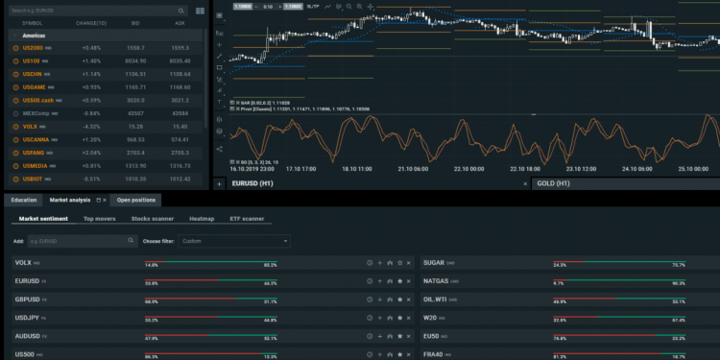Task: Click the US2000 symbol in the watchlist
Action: tap(34, 47)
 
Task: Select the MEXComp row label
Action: tap(36, 113)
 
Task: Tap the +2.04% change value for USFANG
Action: tap(91, 153)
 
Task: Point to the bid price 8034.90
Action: tap(135, 60)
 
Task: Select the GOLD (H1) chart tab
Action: tap(554, 182)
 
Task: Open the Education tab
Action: tap(24, 200)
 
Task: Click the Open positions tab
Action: tap(136, 200)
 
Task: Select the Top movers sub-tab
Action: tap(100, 219)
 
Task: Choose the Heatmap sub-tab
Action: tap(202, 219)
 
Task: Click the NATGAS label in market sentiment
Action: tap(437, 281)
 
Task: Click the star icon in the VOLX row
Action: tap(399, 263)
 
